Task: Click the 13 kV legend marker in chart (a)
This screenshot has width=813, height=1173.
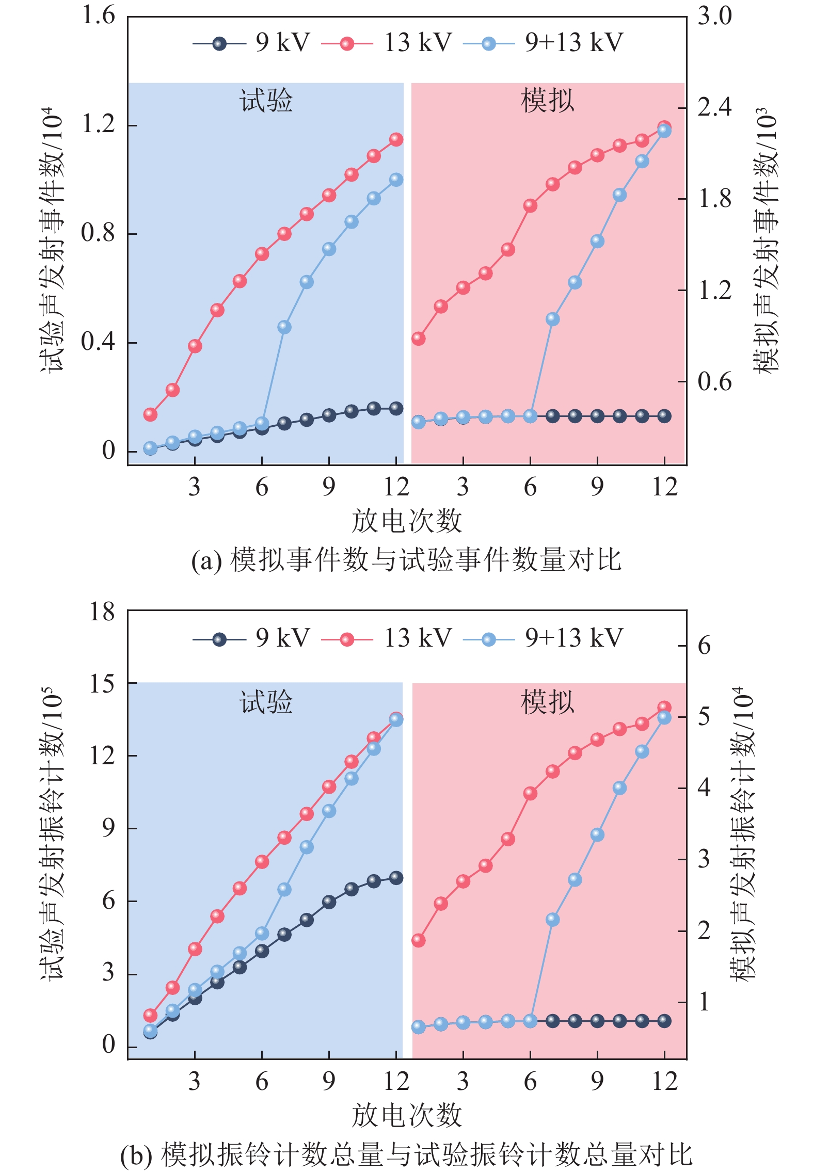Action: (347, 44)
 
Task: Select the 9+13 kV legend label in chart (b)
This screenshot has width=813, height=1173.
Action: (573, 638)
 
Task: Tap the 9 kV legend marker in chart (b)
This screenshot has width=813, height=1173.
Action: (219, 639)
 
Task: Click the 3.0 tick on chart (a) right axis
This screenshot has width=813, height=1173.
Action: (714, 16)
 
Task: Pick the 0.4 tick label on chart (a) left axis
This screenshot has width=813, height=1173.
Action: (98, 342)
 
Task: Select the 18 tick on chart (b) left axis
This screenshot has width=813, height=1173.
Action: (102, 612)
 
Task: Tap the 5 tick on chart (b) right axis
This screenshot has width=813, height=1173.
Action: (704, 717)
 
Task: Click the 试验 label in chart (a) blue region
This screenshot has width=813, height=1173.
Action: (266, 100)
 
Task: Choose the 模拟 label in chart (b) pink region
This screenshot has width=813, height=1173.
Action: (547, 702)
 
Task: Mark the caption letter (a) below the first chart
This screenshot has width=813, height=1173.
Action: (206, 560)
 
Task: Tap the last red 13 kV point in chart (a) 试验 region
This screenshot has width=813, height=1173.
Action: (396, 139)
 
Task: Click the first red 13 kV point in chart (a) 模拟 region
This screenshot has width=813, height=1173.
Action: (419, 339)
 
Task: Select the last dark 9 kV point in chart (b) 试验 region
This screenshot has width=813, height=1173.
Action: (396, 878)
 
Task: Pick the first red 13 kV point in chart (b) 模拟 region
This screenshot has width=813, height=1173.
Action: (419, 940)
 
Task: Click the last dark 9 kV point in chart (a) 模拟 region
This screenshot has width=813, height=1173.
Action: (664, 416)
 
